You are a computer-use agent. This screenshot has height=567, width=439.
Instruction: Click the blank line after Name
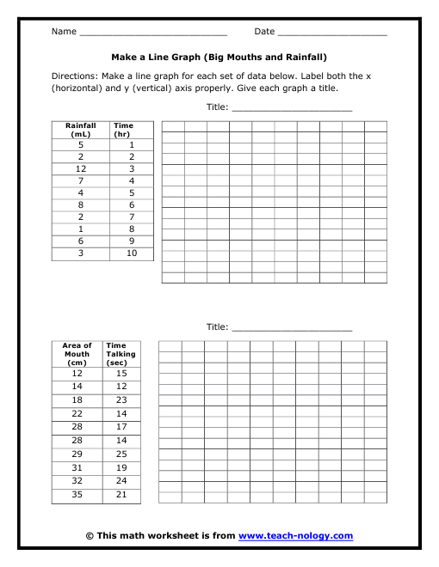[x=152, y=34]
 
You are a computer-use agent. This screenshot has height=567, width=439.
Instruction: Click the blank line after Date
[x=331, y=34]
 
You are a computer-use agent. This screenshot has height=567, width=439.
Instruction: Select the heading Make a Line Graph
[x=219, y=58]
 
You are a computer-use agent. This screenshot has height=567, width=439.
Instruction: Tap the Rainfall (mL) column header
[x=80, y=130]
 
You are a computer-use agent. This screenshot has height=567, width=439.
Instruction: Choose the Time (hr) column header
[x=124, y=130]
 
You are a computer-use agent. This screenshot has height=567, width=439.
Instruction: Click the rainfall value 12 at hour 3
[x=80, y=169]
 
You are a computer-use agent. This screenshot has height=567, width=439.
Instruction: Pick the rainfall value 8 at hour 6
[x=80, y=205]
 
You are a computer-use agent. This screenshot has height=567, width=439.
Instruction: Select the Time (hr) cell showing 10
[x=132, y=254]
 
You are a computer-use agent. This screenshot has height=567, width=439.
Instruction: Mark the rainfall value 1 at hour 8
[x=80, y=230]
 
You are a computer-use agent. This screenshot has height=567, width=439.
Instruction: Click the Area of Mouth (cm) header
[x=77, y=354]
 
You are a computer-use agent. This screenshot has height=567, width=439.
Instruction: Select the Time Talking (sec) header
[x=121, y=354]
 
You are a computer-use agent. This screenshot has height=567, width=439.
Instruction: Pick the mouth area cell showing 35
[x=77, y=496]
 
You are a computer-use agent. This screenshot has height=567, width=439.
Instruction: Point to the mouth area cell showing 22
[x=77, y=414]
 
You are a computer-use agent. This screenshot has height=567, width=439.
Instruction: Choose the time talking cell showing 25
[x=121, y=454]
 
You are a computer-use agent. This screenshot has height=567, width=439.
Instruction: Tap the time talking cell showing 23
[x=121, y=400]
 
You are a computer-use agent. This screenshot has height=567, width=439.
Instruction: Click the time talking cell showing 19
[x=121, y=467]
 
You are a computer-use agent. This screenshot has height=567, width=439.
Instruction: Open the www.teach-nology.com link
[x=295, y=536]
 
